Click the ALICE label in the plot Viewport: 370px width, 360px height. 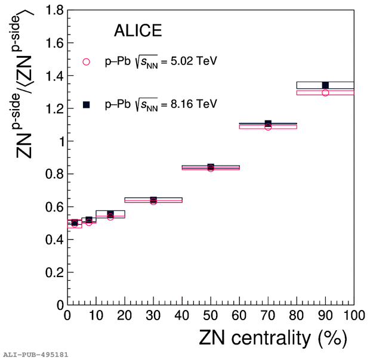coord(138,32)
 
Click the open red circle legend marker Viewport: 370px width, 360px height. coord(86,61)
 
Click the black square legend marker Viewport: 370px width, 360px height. coord(86,104)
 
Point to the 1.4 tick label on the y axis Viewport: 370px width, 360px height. coord(54,76)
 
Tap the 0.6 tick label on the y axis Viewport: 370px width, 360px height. coord(54,207)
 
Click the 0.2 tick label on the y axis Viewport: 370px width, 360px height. coord(54,272)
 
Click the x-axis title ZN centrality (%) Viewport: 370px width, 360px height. coord(273,339)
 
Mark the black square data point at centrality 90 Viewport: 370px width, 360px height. coord(325,85)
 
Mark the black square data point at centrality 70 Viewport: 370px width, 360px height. coord(268,123)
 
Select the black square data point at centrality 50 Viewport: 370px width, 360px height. coord(211,167)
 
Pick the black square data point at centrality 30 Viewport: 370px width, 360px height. coord(153,200)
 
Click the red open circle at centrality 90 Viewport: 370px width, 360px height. coord(325,92)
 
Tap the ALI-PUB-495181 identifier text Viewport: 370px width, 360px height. coord(36,355)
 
